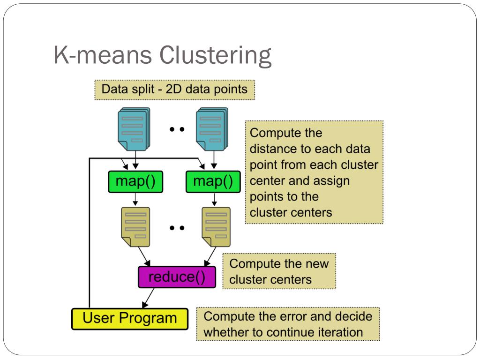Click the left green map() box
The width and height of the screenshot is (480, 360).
(135, 181)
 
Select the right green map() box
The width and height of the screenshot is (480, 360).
(213, 181)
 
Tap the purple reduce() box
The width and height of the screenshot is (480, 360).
(177, 277)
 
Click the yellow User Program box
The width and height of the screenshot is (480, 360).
(130, 319)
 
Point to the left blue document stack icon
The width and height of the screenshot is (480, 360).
(134, 129)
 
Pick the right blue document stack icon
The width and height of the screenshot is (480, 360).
(212, 129)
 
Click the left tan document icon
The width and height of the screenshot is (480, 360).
(135, 227)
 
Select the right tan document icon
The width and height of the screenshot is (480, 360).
(216, 227)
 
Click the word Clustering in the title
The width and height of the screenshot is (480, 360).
(215, 55)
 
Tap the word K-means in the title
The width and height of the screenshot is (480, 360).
(103, 55)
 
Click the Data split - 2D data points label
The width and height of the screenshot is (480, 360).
(174, 90)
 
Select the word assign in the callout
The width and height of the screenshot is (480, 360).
(331, 181)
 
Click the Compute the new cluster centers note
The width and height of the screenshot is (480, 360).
(279, 271)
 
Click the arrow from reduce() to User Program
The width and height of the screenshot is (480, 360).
(148, 298)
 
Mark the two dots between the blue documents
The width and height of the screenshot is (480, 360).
(177, 129)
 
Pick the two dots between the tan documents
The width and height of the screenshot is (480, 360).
(177, 228)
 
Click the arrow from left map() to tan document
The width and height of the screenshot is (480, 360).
(135, 199)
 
